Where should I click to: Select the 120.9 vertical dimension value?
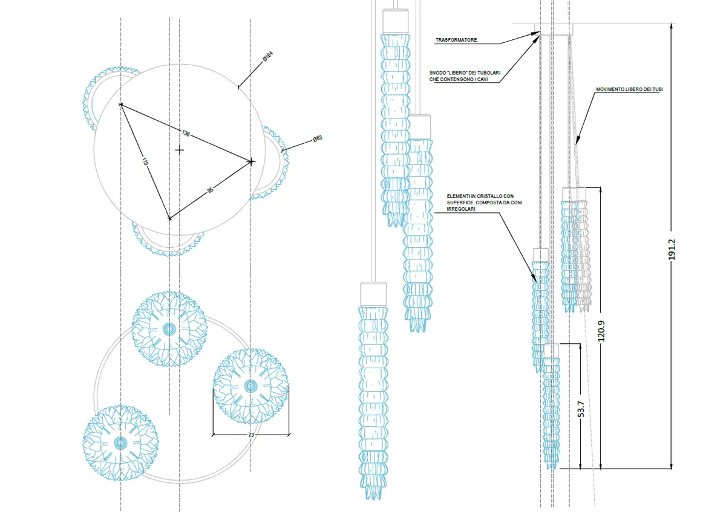click(600, 329)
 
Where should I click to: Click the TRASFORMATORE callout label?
click(456, 41)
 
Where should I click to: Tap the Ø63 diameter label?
click(317, 139)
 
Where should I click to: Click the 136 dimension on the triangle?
click(186, 133)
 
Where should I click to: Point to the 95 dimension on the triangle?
click(210, 190)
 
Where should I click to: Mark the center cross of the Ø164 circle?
click(178, 149)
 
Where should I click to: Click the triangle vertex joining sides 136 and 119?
click(121, 105)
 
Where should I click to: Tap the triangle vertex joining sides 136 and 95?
click(251, 161)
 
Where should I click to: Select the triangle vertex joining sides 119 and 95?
click(169, 218)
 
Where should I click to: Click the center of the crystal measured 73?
click(250, 385)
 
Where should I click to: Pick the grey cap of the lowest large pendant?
click(373, 294)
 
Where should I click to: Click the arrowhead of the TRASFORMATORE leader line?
click(538, 33)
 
